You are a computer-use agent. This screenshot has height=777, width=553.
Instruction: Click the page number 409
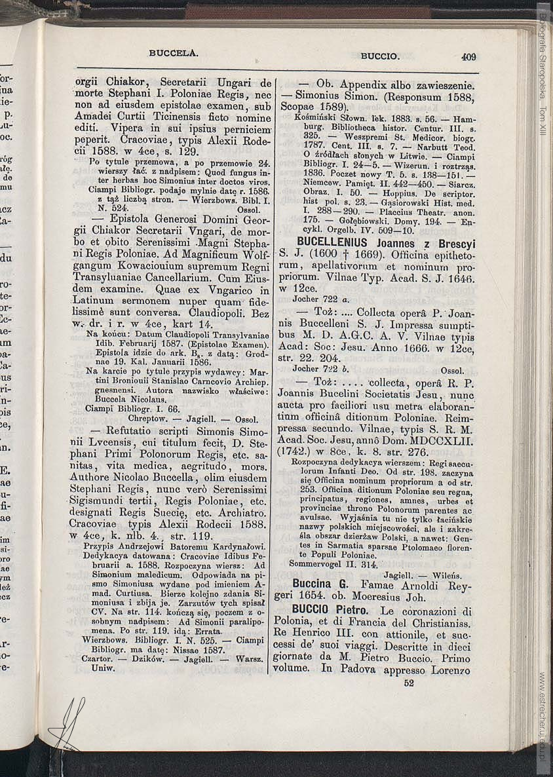[x=468, y=57]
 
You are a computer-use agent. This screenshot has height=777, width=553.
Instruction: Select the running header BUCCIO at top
[x=380, y=56]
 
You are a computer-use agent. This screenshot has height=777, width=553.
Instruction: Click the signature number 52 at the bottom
[x=409, y=682]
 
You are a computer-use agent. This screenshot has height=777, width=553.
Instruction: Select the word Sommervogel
[x=319, y=563]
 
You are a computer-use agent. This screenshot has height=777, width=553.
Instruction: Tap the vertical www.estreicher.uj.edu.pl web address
[x=543, y=714]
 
